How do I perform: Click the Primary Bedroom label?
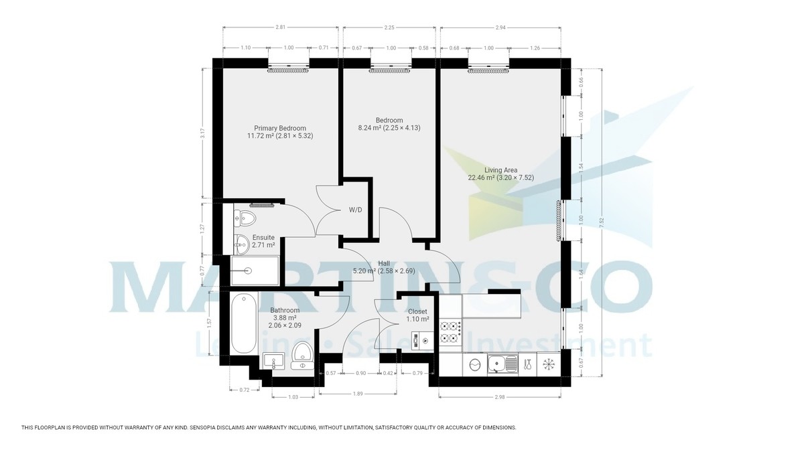(280, 129)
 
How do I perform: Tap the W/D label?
(355, 210)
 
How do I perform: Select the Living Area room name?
(500, 170)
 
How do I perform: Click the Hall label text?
(383, 263)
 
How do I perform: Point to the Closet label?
(417, 311)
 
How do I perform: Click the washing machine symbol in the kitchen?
(475, 365)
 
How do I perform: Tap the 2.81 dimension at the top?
(280, 27)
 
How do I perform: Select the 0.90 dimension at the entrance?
(360, 373)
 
